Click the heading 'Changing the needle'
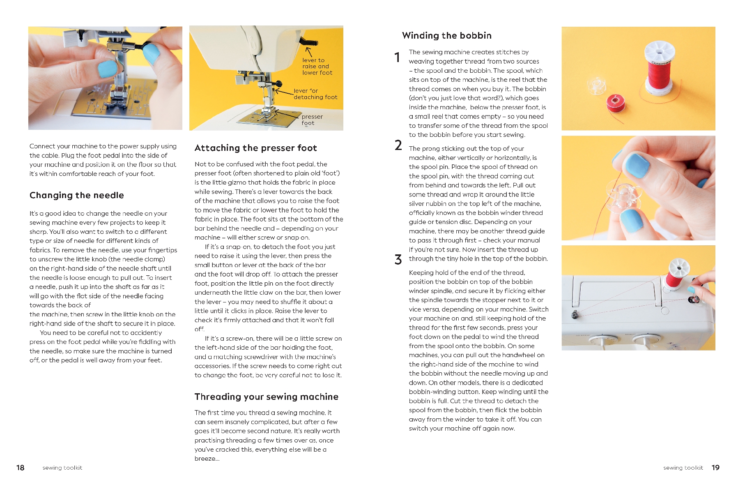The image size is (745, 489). pos(76,195)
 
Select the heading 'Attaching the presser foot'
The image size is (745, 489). pos(255,148)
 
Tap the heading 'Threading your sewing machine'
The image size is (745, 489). pos(266,397)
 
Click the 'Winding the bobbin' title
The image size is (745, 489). pos(446,35)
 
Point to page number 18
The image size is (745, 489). pos(20,468)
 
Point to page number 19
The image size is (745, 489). pos(715,468)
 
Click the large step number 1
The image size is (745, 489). pos(397,57)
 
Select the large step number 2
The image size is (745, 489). pos(398,145)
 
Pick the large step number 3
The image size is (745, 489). pos(398,259)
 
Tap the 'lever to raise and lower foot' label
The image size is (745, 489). pos(317,66)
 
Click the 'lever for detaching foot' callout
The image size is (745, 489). pos(315,94)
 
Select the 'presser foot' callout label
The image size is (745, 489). pos(312,120)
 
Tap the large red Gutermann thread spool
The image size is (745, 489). pos(659,70)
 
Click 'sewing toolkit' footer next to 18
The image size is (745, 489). pos(62,468)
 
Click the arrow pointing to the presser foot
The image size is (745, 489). pos(287,114)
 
